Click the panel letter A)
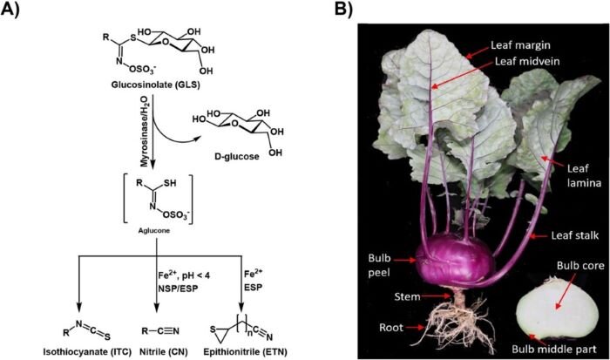[x=10, y=9]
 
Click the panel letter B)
[x=344, y=9]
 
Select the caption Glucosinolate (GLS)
[x=156, y=85]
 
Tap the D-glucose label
[x=237, y=156]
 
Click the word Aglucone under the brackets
[x=154, y=231]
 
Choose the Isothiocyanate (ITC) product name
[x=87, y=352]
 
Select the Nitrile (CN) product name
[x=164, y=352]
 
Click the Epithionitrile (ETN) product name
[x=246, y=352]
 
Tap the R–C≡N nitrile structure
[x=160, y=331]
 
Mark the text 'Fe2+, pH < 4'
[x=184, y=275]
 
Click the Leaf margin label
[x=520, y=45]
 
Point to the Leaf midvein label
[x=527, y=61]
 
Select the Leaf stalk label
[x=574, y=235]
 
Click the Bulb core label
[x=580, y=266]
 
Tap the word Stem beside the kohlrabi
[x=407, y=297]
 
